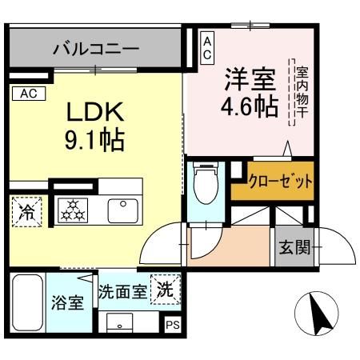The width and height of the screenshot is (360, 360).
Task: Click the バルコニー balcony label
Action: click(96, 49)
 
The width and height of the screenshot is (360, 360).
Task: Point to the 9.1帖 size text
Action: click(94, 142)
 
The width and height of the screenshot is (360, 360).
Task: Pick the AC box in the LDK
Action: click(28, 94)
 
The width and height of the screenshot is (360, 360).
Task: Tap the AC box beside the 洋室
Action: click(206, 46)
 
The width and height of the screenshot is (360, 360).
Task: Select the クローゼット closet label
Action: click(279, 181)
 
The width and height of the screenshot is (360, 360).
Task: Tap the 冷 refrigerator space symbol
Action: click(27, 212)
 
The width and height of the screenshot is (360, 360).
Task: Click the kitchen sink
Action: click(123, 210)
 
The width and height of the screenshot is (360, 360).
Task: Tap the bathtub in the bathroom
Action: click(27, 305)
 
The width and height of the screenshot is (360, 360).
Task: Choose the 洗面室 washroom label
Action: click(122, 292)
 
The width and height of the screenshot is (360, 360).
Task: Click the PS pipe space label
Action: click(173, 325)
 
